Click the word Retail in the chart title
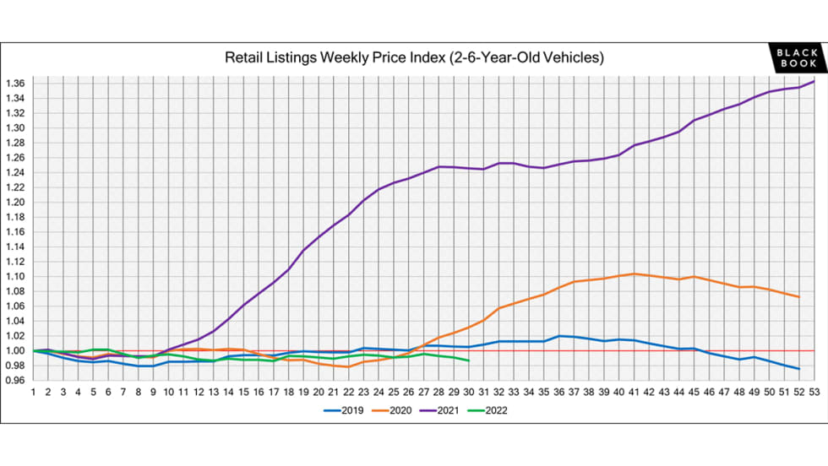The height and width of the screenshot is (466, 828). click(243, 58)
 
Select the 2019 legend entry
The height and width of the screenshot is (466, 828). click(346, 411)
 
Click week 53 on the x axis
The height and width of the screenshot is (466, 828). click(814, 392)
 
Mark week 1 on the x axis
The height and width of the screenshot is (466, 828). click(33, 392)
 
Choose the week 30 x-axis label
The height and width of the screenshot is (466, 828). click(468, 392)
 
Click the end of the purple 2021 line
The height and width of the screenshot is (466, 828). click(814, 81)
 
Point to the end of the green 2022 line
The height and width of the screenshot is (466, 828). click(468, 360)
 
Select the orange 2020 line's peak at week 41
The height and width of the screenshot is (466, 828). click(634, 274)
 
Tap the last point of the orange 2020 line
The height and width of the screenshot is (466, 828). click(798, 297)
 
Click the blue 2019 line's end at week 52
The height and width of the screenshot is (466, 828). click(798, 369)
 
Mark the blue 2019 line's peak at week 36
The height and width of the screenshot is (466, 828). click(558, 336)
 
